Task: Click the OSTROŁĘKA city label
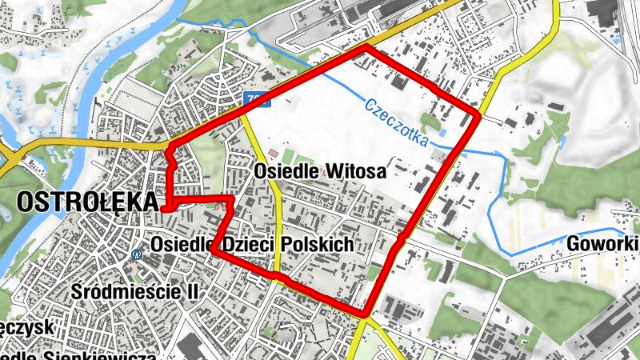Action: coord(87,203)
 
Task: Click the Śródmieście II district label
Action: coord(134,292)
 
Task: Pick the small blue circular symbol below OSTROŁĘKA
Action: coord(137,255)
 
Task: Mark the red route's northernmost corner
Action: coord(367,47)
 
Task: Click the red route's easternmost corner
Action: coord(479,117)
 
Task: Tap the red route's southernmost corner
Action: coord(366,314)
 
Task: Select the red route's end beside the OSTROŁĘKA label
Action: coord(164,207)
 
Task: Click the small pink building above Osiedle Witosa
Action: coord(274,152)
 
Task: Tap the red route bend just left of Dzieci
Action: coord(214,250)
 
